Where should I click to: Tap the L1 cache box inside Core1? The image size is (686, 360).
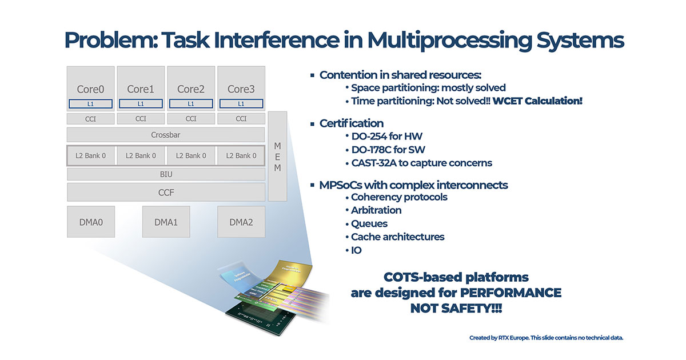pos(141,104)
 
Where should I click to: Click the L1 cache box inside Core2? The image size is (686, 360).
pos(191,104)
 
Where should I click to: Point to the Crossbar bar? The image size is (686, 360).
pos(166,135)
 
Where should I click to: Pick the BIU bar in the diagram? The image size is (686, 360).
pos(166,174)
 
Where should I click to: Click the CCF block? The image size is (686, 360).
pos(166,193)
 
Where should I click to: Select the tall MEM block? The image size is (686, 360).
pos(277,156)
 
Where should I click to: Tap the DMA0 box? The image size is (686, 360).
pos(91,222)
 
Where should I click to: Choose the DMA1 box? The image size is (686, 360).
pos(166,222)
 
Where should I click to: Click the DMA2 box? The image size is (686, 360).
pos(241,222)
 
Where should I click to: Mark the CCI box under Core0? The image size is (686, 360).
pos(91,119)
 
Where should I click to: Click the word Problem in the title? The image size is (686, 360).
pos(108,40)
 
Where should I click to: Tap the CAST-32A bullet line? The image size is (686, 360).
pos(421,163)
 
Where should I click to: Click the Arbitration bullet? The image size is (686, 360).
pos(376,210)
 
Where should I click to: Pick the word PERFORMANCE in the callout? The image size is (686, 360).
pos(510,293)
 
